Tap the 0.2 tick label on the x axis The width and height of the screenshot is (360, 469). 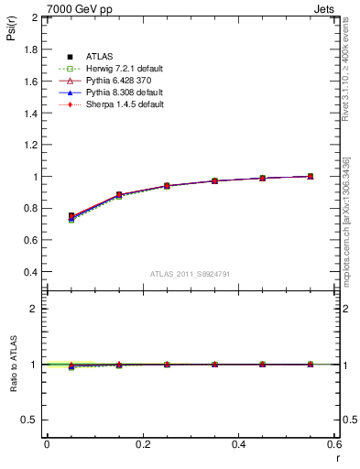142,443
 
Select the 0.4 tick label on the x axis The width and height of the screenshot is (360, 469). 238,443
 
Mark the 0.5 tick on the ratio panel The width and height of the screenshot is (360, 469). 30,420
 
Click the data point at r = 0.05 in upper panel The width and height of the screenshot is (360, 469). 71,216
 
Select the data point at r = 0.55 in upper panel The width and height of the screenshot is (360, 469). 311,176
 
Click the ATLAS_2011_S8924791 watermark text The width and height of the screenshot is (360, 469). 190,274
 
